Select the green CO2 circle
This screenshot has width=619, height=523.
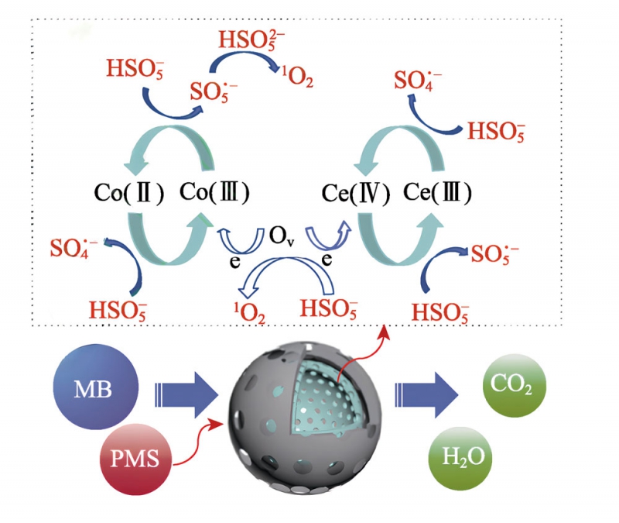[x=514, y=383]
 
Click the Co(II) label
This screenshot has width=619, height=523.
[x=126, y=191]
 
